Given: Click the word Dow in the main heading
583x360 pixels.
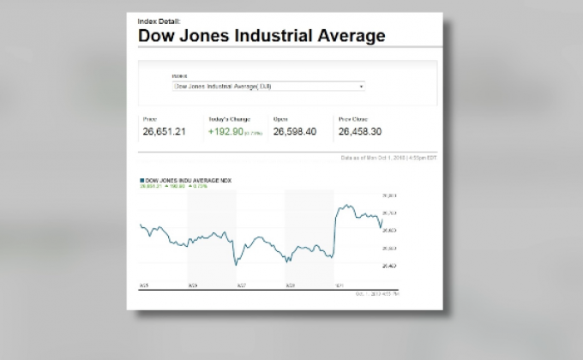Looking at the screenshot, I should (x=156, y=36).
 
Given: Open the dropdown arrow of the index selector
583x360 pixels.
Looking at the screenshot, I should (x=361, y=86).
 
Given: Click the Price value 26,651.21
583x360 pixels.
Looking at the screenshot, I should (x=164, y=132).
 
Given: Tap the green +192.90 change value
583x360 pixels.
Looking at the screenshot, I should (x=224, y=132).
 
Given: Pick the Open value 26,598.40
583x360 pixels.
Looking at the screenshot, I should (x=295, y=132).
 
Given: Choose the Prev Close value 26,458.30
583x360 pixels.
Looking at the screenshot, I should (x=360, y=132).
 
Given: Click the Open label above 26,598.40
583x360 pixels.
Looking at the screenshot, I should (x=280, y=119).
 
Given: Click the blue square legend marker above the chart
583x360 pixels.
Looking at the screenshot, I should (x=141, y=180).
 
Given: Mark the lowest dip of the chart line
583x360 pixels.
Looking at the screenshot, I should (x=236, y=265).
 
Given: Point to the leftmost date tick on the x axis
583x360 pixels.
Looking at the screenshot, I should (x=143, y=285).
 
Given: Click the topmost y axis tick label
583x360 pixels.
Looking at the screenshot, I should (x=388, y=195).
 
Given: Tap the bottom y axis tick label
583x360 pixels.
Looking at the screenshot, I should (x=388, y=266).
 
